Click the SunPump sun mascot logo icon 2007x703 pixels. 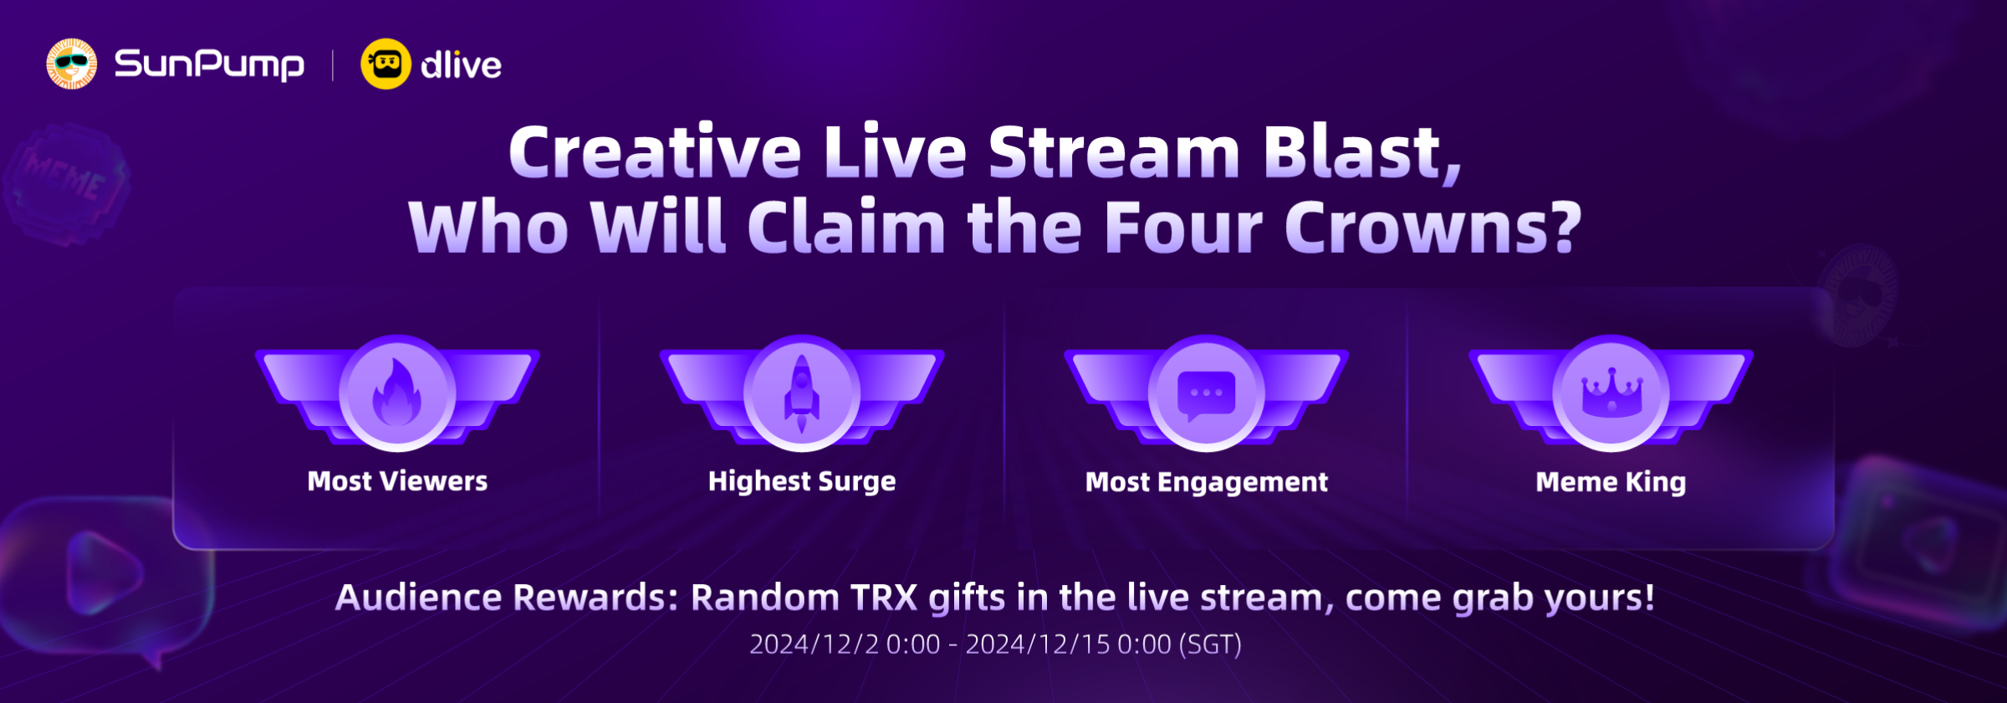(x=71, y=64)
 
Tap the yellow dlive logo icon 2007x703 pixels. (x=386, y=64)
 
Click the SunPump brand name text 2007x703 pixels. (x=209, y=64)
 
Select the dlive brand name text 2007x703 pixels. (x=461, y=64)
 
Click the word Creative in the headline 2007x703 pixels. (x=655, y=152)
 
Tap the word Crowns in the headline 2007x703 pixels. (x=1432, y=227)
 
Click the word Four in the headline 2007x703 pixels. (x=1183, y=227)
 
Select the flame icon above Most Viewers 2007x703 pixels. (x=397, y=393)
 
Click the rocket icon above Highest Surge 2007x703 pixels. (x=801, y=393)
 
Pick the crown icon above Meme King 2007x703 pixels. (x=1611, y=392)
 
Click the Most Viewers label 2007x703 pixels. (x=397, y=481)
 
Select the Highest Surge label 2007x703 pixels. (x=802, y=481)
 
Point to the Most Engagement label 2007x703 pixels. (x=1206, y=482)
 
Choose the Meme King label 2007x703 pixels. (x=1611, y=482)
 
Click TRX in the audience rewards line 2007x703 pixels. (x=884, y=598)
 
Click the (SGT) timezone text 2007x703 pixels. (x=1210, y=644)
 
